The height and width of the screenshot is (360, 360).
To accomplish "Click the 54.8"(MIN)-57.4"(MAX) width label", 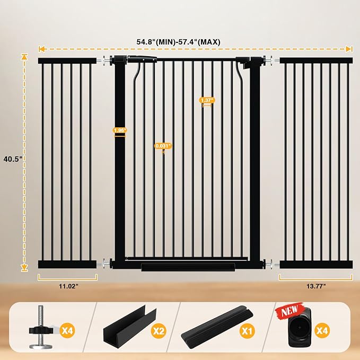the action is pos(178,42).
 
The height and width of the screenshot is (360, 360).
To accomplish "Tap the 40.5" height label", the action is pos(13,159).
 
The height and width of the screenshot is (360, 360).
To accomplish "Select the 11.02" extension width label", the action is pos(68,286).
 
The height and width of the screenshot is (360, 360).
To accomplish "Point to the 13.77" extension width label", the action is pos(316,286).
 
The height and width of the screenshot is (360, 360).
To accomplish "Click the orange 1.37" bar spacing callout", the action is pos(207,100).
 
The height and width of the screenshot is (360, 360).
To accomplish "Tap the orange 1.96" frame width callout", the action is pos(120,130).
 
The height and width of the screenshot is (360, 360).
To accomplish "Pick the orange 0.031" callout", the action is pos(163,146).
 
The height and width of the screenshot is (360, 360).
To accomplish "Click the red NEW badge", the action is pos(289,311).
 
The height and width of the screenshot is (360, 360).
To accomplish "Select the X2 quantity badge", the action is pos(159,331).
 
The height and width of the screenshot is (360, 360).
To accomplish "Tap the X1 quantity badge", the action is pos(247,331).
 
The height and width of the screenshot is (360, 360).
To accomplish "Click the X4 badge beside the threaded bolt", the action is pos(67,331).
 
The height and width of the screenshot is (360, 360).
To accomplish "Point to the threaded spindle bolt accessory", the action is pos(40,328).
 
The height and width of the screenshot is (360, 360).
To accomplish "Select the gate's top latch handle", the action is pos(142,59).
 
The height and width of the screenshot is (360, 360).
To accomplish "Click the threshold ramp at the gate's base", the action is pos(188,267).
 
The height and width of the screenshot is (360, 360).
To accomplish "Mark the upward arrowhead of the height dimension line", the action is pos(24,57).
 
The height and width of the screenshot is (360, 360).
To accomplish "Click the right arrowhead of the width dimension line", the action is pos(349,49).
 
